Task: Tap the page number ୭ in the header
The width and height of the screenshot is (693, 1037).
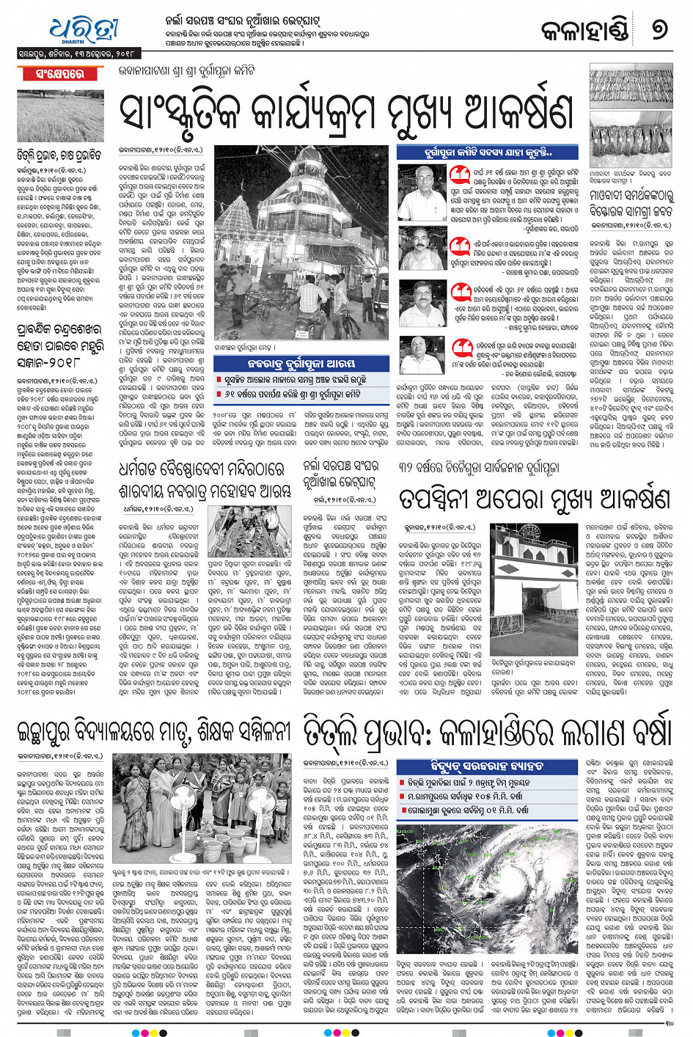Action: point(659,30)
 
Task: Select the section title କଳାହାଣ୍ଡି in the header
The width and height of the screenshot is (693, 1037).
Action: point(584,31)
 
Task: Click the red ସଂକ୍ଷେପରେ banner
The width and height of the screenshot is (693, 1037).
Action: point(59,74)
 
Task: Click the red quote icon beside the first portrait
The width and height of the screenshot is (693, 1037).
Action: point(460,175)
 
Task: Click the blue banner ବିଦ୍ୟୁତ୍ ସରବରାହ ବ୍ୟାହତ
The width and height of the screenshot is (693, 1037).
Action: point(476,766)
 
